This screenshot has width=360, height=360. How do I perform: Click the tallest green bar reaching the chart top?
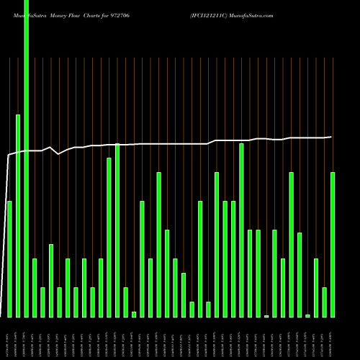[x=26, y=158]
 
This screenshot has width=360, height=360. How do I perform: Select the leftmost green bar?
[x=9, y=259]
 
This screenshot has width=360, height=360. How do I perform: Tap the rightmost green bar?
[x=333, y=245]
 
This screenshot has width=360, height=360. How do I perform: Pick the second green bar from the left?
[x=18, y=216]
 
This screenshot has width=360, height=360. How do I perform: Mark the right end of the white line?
[x=331, y=137]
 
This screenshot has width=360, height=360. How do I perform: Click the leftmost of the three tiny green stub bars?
[x=134, y=314]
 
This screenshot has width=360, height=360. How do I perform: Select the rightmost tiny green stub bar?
[x=307, y=315]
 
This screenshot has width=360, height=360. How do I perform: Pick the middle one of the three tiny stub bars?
[x=266, y=315]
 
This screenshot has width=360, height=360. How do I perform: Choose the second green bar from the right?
[x=324, y=302]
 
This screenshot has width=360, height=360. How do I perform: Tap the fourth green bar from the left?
[x=35, y=288]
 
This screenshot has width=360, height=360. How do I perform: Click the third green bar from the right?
[x=316, y=288]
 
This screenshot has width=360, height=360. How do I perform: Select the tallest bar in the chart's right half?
[x=241, y=230]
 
